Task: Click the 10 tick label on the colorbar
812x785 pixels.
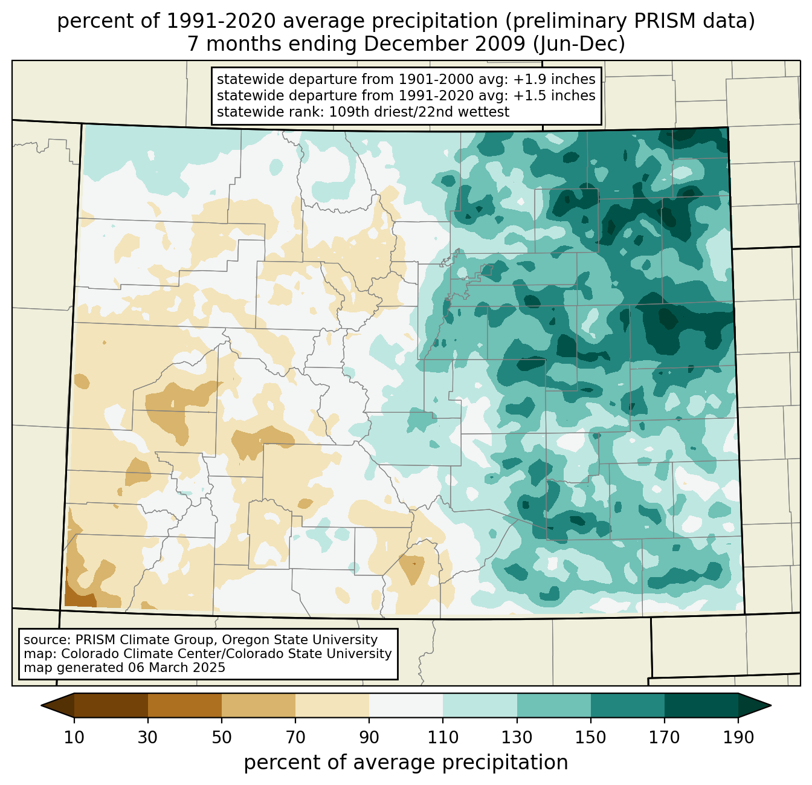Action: [74, 738]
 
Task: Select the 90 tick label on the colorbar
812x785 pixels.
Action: [369, 738]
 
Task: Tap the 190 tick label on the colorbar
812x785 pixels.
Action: [738, 738]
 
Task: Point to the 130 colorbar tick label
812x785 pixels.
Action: [517, 738]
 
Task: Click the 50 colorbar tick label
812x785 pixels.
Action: [222, 738]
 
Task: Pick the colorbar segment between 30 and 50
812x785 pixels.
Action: [185, 705]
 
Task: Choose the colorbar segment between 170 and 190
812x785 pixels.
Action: [701, 705]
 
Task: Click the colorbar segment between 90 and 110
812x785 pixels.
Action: [406, 705]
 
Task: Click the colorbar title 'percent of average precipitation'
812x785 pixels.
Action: [406, 762]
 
